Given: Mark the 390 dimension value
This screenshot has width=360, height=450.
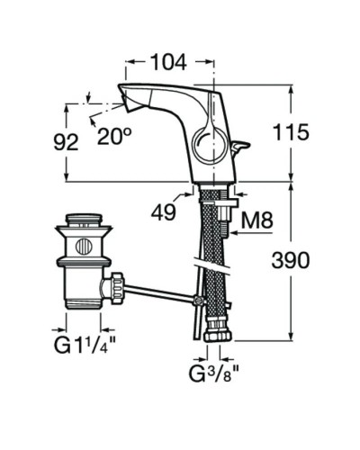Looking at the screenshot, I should click(x=289, y=261).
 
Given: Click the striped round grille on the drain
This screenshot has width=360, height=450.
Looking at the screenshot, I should click(x=83, y=246).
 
